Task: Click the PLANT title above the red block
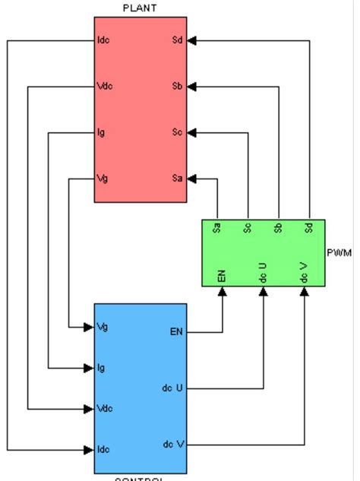[140, 8]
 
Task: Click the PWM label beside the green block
[339, 252]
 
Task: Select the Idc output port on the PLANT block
[103, 40]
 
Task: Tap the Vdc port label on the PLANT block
[105, 86]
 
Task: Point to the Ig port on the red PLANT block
[101, 133]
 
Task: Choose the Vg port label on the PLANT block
[103, 179]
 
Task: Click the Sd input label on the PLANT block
[178, 40]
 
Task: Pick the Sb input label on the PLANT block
[178, 86]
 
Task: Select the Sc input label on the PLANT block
[178, 133]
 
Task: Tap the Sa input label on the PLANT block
[178, 179]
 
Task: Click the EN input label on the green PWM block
[222, 276]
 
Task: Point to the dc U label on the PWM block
[263, 273]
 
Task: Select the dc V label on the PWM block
[304, 273]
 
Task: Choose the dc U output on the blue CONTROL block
[173, 388]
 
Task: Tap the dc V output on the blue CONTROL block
[173, 445]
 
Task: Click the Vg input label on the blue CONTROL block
[103, 327]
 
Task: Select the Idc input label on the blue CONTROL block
[103, 450]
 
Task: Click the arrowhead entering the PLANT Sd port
[192, 40]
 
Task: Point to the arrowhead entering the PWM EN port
[222, 292]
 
